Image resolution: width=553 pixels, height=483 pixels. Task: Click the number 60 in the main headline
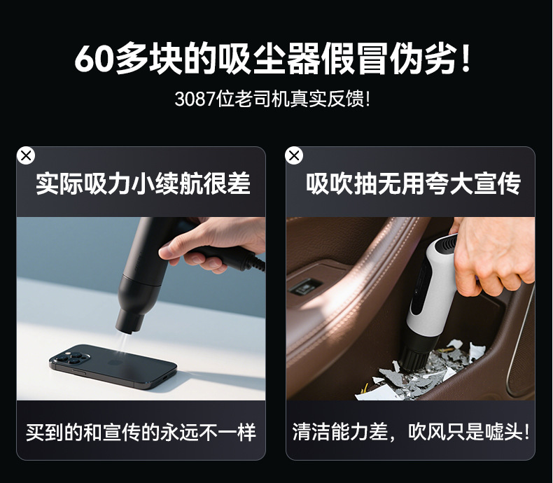(94, 59)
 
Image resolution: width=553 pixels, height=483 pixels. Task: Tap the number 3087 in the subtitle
(195, 99)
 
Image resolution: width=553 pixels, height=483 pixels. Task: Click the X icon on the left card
(26, 155)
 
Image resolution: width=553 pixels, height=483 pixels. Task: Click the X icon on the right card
(294, 155)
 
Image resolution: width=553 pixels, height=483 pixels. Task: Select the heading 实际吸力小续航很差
(143, 183)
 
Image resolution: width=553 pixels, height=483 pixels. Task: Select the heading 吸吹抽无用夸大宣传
(413, 183)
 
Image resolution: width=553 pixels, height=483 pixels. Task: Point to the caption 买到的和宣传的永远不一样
(141, 432)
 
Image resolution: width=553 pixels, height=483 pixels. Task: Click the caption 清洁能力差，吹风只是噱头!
(411, 432)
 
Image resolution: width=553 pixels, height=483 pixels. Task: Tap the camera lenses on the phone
(71, 356)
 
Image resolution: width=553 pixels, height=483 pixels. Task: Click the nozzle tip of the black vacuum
(128, 327)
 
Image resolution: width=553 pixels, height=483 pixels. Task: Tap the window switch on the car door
(303, 286)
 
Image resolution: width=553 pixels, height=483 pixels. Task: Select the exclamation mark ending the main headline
(466, 58)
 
